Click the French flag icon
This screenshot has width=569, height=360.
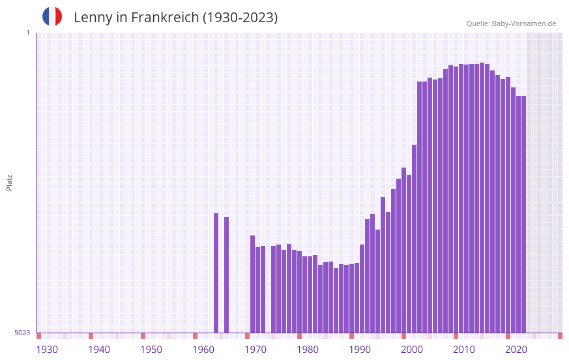[x=52, y=16]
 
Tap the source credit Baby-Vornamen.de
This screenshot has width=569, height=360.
[x=523, y=23]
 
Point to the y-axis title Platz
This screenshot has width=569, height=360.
[x=9, y=182]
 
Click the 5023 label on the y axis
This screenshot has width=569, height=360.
[x=22, y=333]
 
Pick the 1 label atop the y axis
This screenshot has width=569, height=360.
[x=28, y=33]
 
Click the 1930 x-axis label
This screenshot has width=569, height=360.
[x=47, y=350]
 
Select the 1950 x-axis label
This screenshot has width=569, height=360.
[x=151, y=350]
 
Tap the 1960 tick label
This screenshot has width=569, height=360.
[x=203, y=350]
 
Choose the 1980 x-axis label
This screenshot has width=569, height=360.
[x=308, y=350]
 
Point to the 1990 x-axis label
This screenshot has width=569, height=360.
[x=360, y=350]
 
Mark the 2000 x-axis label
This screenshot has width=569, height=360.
[x=412, y=350]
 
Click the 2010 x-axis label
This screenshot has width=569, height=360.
[x=464, y=350]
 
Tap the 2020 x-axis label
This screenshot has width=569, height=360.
[x=516, y=350]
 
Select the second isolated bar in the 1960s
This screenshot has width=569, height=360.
[x=226, y=275]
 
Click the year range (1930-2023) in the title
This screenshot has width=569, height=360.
[x=240, y=18]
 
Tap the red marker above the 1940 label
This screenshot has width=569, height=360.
[x=91, y=336]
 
